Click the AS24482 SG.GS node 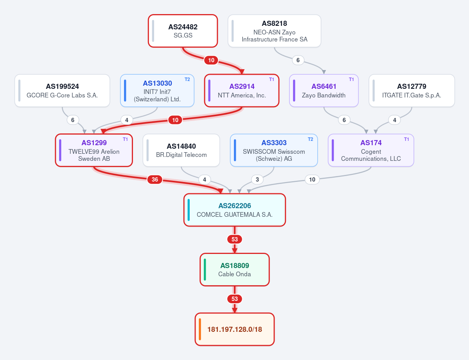(x=183, y=31)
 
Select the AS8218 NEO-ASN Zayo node (x=274, y=31)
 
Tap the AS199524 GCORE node (x=62, y=90)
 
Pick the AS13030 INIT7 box (x=157, y=90)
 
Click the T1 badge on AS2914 (x=271, y=79)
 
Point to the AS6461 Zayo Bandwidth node (x=323, y=90)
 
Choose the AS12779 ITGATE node (x=411, y=90)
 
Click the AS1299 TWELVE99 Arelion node (x=94, y=150)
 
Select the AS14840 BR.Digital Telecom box (x=181, y=150)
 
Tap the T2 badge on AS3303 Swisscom (x=311, y=139)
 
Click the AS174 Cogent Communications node (x=371, y=150)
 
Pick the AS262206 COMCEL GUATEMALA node (x=235, y=210)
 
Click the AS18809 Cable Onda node (x=235, y=270)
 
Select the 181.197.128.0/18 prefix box (x=235, y=329)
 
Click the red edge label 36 (x=155, y=180)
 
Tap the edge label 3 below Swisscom (x=257, y=180)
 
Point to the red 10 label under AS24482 (x=211, y=60)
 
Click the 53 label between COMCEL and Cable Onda (x=235, y=239)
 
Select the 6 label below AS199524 (x=73, y=120)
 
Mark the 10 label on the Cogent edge (x=312, y=180)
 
